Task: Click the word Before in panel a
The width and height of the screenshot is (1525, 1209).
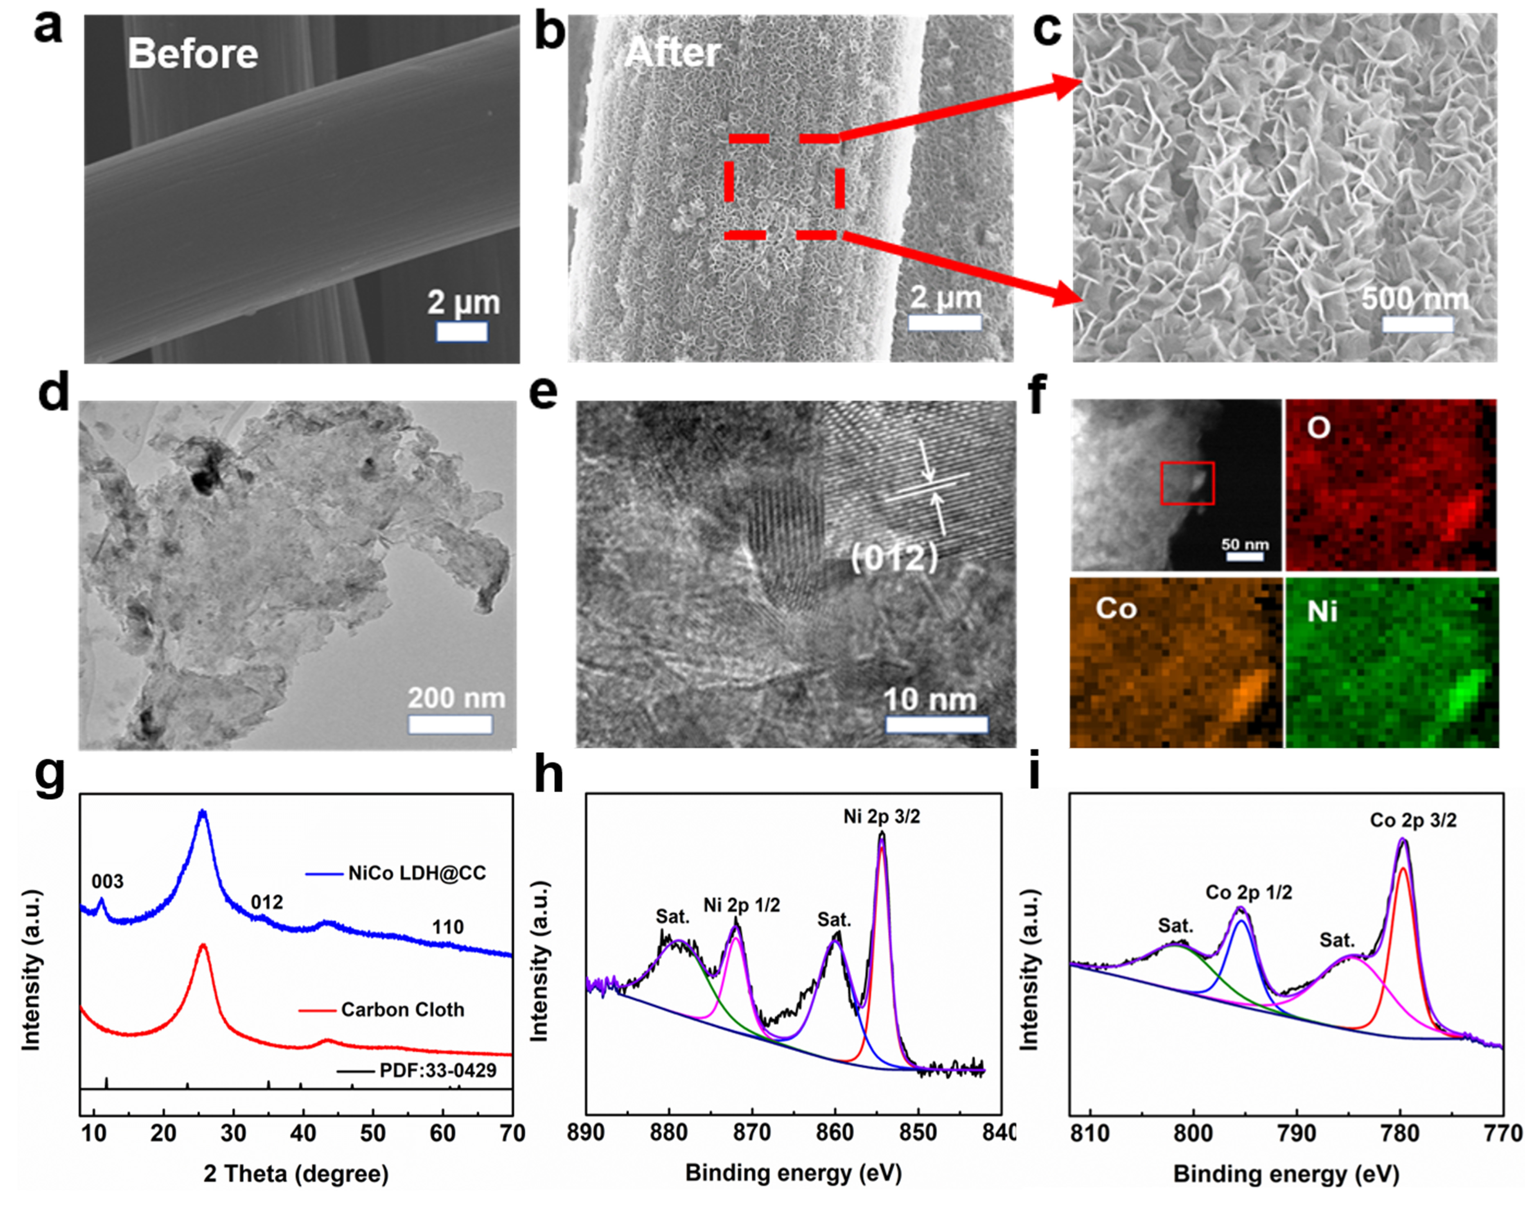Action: click(192, 54)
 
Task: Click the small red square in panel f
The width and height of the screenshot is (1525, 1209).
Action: click(1187, 483)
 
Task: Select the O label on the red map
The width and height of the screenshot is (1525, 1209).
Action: click(1318, 427)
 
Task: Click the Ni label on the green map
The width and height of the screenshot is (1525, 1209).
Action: click(1322, 611)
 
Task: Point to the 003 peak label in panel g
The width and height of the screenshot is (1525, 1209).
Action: click(108, 881)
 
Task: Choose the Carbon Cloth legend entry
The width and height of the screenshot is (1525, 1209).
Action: click(402, 1010)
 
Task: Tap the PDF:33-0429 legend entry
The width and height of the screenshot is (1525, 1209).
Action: click(437, 1070)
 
